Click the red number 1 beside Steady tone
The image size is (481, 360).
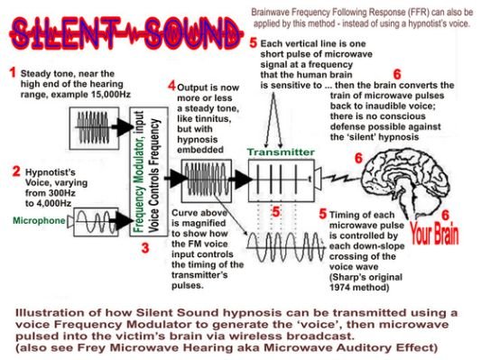[x=13, y=73]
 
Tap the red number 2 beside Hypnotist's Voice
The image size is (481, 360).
[x=16, y=171]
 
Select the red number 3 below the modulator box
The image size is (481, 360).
[x=145, y=248]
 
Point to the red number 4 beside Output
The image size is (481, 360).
[x=172, y=85]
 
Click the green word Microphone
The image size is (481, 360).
[x=39, y=220]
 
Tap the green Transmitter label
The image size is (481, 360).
[x=281, y=152]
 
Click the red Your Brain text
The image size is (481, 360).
[x=434, y=235]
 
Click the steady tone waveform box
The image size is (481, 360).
[x=94, y=128]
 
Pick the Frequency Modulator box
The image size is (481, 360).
[x=149, y=171]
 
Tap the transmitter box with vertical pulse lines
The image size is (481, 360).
[x=282, y=180]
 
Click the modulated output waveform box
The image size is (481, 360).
[x=206, y=180]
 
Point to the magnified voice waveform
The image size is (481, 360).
[x=285, y=247]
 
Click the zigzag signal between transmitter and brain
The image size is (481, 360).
[x=341, y=178]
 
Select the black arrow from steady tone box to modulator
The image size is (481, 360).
[x=122, y=127]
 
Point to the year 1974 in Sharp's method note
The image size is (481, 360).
[x=340, y=288]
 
